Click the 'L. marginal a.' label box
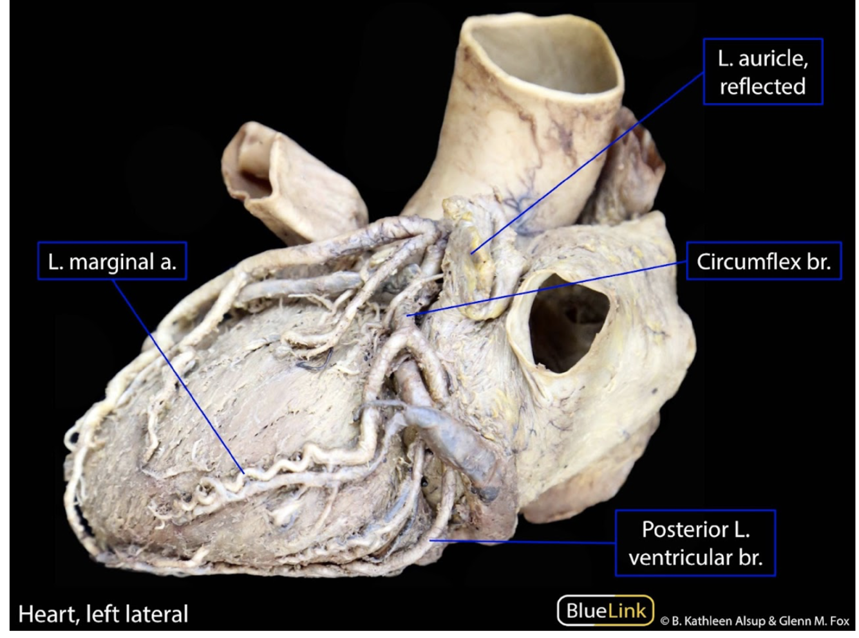coord(112,261)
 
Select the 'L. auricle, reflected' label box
coord(762,71)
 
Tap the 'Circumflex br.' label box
coord(764,261)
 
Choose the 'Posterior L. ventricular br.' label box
coord(695,543)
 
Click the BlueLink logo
coord(605,610)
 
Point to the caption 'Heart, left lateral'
coord(103,614)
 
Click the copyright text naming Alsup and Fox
coord(755,621)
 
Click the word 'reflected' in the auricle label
coord(762,86)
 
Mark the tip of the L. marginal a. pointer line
coord(243,473)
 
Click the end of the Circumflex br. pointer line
coord(408,315)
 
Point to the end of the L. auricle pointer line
coord(472,253)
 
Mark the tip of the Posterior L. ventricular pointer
coord(430,540)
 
